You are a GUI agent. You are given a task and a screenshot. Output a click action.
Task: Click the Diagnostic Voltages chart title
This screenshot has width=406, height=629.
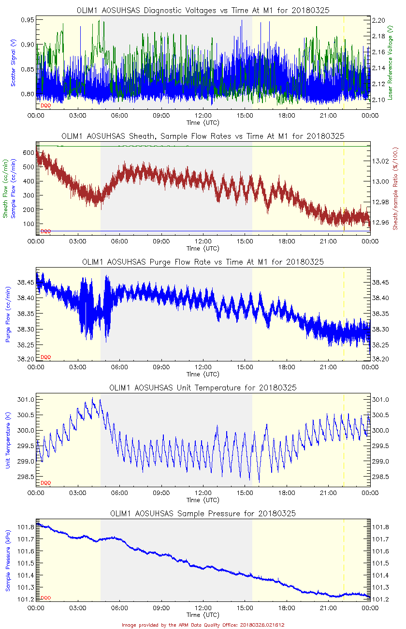point(203,10)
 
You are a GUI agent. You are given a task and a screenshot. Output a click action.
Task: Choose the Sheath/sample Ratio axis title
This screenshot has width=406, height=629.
point(395,189)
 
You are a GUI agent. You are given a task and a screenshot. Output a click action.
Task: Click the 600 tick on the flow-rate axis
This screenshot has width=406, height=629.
point(28,152)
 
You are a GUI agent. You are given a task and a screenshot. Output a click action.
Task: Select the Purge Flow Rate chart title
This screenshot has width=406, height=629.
point(203,262)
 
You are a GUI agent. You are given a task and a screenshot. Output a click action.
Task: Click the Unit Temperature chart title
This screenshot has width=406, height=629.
point(203,388)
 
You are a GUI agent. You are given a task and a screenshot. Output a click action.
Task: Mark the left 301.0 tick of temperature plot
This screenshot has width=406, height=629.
point(27,400)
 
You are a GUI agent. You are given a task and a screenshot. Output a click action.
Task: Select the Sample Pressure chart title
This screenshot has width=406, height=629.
point(203,513)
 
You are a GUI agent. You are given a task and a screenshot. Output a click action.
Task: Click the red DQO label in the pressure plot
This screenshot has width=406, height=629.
point(46,598)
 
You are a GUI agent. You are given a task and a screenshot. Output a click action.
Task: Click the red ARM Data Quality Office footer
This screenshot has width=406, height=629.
point(203,625)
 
